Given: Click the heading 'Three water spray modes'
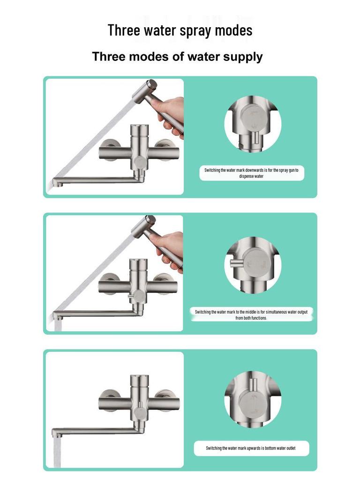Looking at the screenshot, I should pyautogui.click(x=180, y=30).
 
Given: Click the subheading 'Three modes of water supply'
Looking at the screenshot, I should pyautogui.click(x=177, y=57).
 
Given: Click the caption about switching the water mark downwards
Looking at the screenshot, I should pyautogui.click(x=251, y=173).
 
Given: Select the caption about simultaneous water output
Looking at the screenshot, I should pyautogui.click(x=254, y=315).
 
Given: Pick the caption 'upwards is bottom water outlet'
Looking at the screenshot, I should pyautogui.click(x=251, y=448).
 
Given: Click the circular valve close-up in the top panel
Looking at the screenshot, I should pyautogui.click(x=253, y=123).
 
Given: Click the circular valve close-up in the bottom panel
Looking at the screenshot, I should pyautogui.click(x=253, y=399).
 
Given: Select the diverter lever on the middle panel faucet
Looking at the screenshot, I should pyautogui.click(x=129, y=296).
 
